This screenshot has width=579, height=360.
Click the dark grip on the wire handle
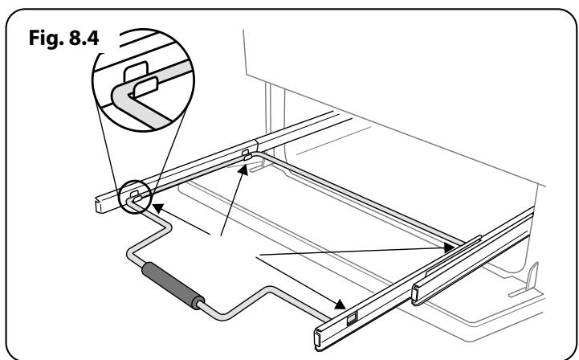(173, 286)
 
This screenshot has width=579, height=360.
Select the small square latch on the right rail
(353, 318)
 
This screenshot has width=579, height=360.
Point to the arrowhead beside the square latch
(340, 305)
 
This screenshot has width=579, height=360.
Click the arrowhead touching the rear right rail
(450, 247)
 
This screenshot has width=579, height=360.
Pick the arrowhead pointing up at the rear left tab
(243, 170)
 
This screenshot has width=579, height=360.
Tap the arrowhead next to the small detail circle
(158, 208)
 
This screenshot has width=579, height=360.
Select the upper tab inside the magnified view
(136, 71)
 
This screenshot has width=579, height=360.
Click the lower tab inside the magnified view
(145, 88)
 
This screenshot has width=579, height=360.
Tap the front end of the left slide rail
(100, 206)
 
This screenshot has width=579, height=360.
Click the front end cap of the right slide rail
(318, 337)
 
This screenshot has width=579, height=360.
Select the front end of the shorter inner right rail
(416, 295)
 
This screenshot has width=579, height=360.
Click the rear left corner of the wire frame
(257, 153)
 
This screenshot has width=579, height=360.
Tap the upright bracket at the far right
(532, 277)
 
